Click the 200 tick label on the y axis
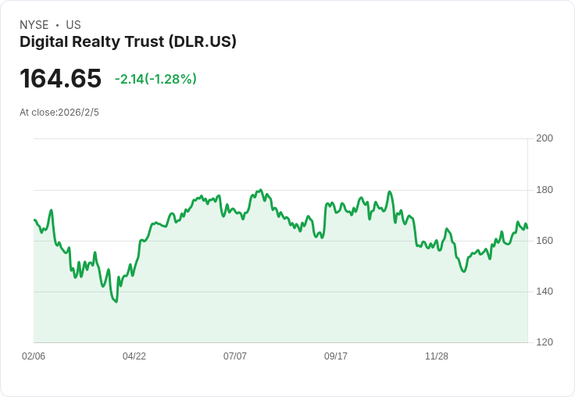545,138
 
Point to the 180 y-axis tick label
545,190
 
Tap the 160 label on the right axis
545,241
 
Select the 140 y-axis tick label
545,291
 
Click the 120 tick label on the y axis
545,342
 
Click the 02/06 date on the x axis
34,356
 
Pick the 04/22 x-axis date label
134,356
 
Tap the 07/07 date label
235,356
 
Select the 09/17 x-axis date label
336,356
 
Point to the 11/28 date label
437,356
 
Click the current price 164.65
60,79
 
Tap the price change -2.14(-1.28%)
155,79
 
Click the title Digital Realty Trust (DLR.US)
128,42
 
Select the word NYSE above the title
34,25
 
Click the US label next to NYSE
73,25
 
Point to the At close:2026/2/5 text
59,113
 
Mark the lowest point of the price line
116,302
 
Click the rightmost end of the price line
527,228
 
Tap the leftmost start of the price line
34,220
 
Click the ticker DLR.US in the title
202,42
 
